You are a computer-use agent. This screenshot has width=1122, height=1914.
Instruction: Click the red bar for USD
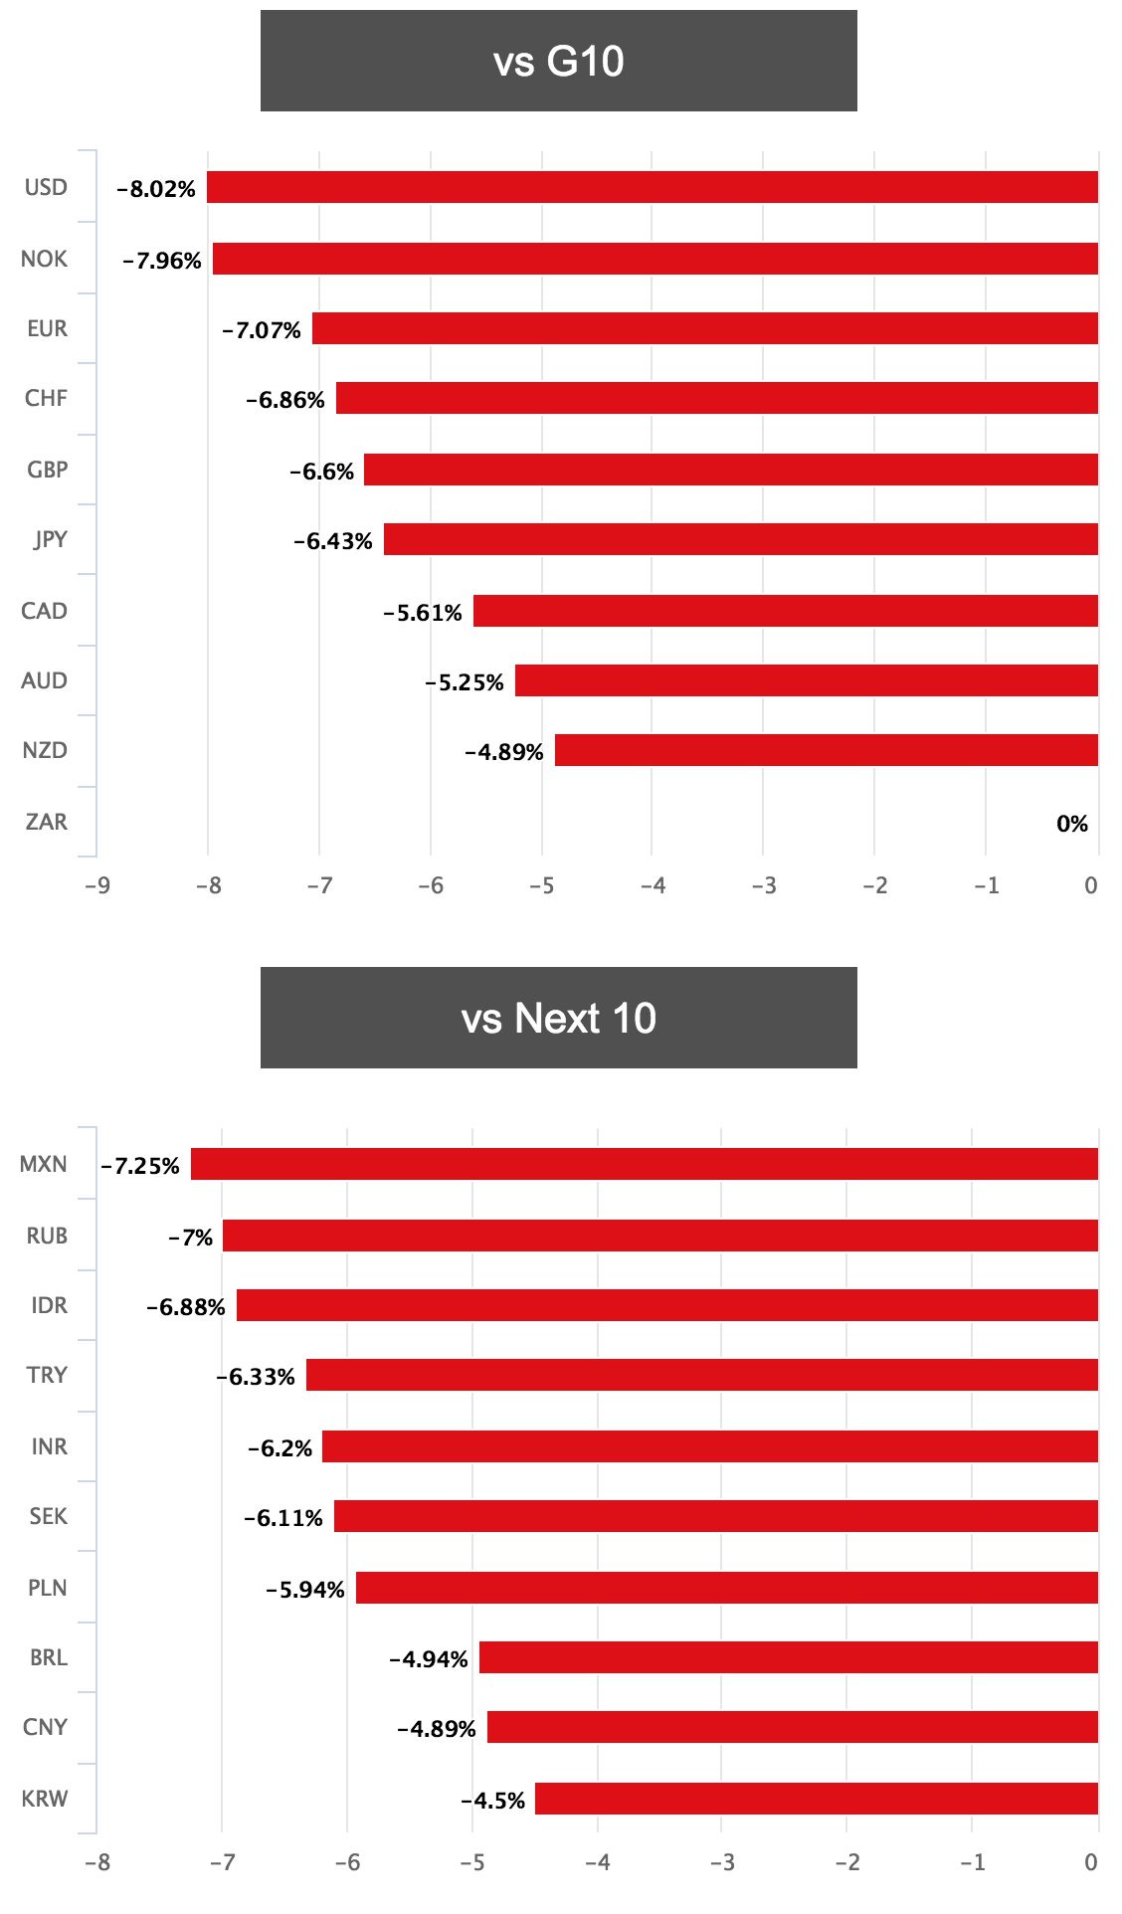653,187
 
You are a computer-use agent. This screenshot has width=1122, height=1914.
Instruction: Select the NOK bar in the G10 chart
655,259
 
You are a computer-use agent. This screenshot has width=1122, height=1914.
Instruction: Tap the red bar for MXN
645,1164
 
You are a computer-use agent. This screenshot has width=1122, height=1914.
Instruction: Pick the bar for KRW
817,1799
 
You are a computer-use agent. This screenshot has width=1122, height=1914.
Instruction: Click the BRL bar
789,1657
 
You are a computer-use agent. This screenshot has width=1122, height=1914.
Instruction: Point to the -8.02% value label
156,189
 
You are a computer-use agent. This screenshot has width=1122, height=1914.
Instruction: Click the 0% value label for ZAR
1072,824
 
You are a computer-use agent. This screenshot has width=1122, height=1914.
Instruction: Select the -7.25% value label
140,1166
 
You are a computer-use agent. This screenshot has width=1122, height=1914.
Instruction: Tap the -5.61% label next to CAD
423,613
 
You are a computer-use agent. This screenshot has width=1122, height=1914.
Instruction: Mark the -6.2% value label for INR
280,1448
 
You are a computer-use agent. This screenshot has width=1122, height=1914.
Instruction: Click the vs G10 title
559,61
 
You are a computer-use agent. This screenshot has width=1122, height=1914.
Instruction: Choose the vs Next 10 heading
559,1018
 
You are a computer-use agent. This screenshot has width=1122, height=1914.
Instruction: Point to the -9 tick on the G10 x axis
97,885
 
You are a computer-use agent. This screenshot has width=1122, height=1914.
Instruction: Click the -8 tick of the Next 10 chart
97,1862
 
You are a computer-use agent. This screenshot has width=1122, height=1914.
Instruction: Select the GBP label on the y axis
47,470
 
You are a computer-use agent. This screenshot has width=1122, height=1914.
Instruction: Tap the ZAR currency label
47,822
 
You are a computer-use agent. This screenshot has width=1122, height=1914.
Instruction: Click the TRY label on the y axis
47,1375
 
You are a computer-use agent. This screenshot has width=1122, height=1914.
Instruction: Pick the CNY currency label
46,1727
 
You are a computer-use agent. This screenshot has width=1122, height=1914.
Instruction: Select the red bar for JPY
741,539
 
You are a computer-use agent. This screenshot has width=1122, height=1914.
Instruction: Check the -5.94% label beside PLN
305,1590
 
